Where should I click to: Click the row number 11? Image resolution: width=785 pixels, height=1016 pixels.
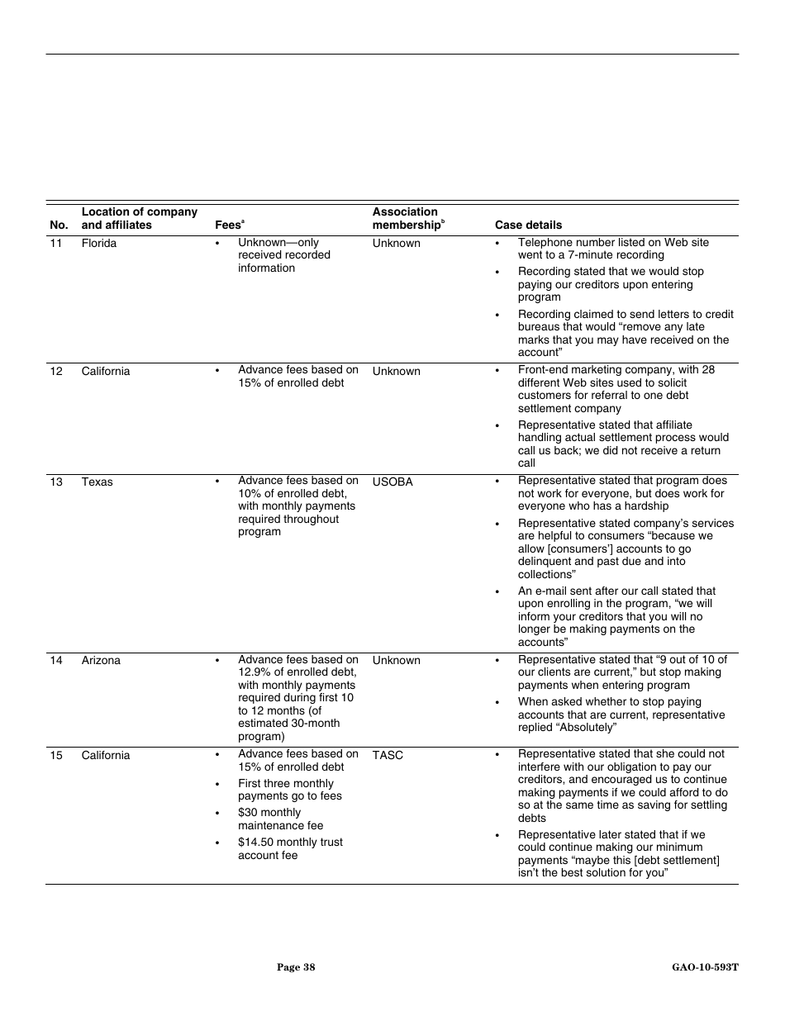coord(55,244)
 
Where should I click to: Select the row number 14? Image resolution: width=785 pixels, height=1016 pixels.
coord(55,661)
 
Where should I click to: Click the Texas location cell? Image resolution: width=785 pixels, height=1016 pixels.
coord(97,482)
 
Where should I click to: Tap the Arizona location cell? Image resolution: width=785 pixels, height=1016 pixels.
coord(100,661)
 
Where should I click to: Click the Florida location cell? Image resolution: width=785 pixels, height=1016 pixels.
coord(98,244)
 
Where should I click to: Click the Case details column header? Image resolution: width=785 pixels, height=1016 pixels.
coord(528,225)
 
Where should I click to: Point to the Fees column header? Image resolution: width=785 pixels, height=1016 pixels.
coord(228,225)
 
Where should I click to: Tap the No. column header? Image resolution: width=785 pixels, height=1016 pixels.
coord(59,225)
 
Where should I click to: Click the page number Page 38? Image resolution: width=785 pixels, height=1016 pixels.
coord(296,967)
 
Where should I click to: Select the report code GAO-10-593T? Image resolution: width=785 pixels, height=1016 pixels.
coord(705,967)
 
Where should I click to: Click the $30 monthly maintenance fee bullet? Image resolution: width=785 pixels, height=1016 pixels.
coord(280,819)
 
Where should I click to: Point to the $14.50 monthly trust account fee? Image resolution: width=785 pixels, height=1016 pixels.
coord(289,849)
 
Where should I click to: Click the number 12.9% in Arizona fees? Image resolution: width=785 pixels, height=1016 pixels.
coord(255,673)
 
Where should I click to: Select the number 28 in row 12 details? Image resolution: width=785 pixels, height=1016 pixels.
coord(707,370)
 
